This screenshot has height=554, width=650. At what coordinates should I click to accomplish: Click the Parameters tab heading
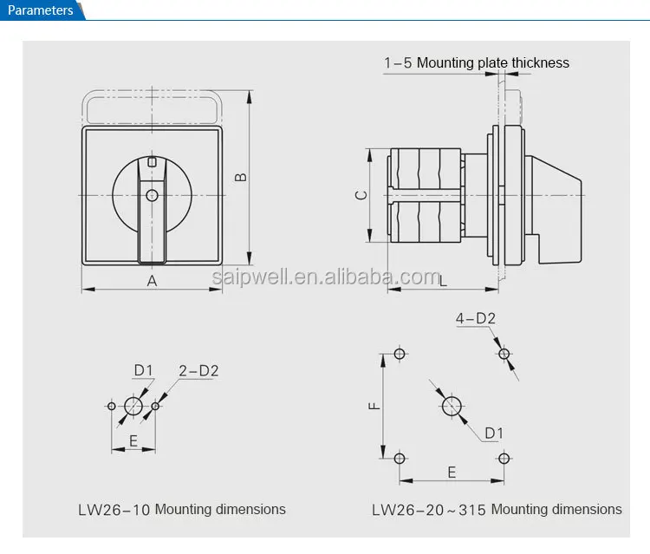pos(41,10)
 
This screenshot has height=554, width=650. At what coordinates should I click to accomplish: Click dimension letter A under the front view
pos(152,280)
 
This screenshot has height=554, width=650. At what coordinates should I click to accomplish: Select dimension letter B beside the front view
pos(242,177)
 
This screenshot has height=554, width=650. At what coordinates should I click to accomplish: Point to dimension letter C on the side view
pos(361,195)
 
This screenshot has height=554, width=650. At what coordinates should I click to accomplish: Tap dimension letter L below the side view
pos(443,280)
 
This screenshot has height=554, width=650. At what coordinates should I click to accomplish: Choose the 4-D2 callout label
pos(476,319)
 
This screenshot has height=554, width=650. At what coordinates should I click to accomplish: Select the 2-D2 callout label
pos(198,371)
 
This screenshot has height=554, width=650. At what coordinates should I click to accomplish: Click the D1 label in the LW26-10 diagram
pos(143,371)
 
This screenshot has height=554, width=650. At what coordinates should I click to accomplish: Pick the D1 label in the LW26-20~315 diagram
pos(494,433)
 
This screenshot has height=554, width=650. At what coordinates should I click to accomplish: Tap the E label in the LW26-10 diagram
pos(133,440)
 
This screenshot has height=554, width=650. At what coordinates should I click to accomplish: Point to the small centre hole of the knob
pos(152,195)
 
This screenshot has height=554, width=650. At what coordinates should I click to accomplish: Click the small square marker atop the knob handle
pos(152,162)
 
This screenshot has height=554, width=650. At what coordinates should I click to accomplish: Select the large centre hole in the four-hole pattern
pos(452,405)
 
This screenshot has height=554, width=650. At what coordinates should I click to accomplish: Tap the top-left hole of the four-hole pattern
pos(400,353)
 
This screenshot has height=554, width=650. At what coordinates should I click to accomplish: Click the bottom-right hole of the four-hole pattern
pos(504,458)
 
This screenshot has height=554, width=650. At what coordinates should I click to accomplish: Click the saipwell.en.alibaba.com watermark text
pos(327,277)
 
